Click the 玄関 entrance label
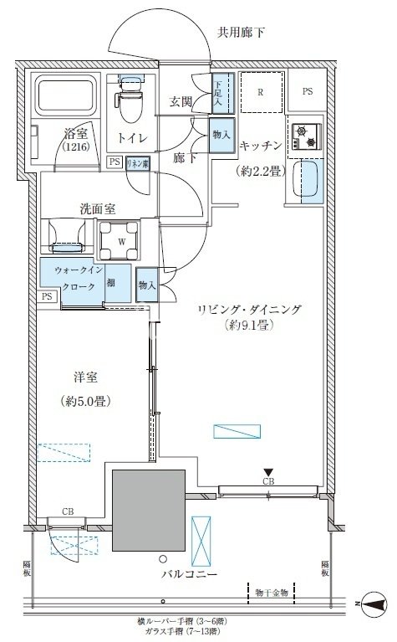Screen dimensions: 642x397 coord(182,101)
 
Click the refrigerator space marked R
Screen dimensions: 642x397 coord(262,93)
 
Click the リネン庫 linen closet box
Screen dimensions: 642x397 coord(138,165)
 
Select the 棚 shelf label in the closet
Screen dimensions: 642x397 coord(111,283)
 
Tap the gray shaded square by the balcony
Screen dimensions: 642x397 coord(148,509)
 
